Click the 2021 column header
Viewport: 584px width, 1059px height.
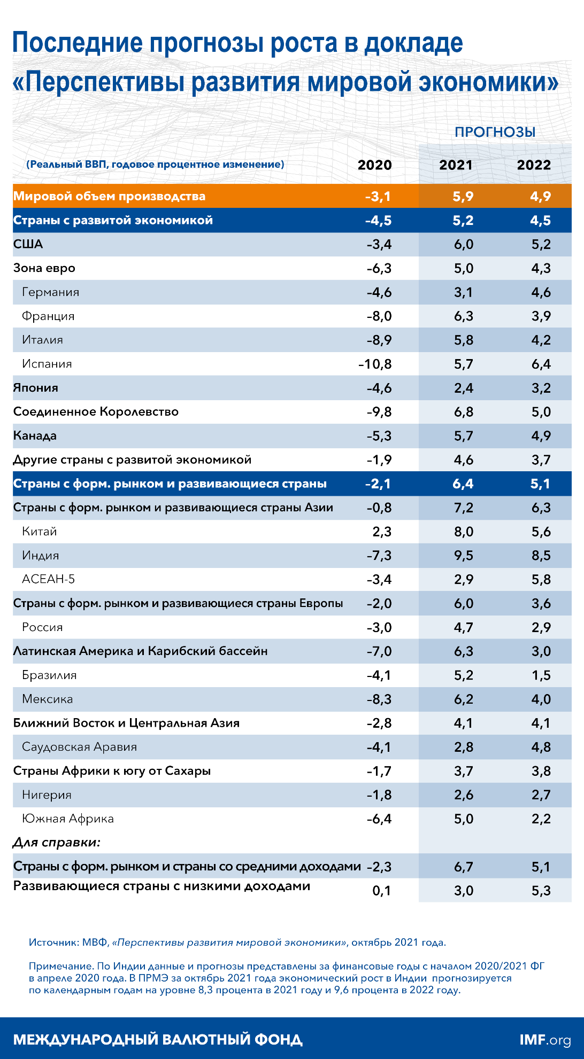tap(456, 165)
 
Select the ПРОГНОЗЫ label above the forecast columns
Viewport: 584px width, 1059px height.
tap(495, 133)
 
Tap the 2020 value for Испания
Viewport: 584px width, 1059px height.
tap(375, 364)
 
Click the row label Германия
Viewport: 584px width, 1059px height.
tap(50, 292)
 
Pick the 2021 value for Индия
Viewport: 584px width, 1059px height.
tap(463, 556)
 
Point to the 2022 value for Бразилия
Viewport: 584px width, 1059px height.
tap(541, 675)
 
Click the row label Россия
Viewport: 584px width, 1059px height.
tap(42, 627)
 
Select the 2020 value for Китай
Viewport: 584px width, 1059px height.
tap(382, 532)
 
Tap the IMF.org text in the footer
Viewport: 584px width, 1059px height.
tap(545, 1040)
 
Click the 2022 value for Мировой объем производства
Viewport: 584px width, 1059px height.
tap(540, 197)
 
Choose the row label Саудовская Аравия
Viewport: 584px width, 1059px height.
tap(79, 747)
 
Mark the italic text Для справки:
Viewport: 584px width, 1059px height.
tap(57, 843)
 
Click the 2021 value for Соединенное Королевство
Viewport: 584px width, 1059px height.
tap(463, 412)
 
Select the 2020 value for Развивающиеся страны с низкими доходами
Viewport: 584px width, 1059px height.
tap(381, 891)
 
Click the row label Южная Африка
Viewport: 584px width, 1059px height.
tap(67, 819)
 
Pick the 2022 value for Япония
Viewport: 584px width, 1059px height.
tap(541, 388)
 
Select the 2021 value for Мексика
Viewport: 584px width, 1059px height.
tap(463, 699)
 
